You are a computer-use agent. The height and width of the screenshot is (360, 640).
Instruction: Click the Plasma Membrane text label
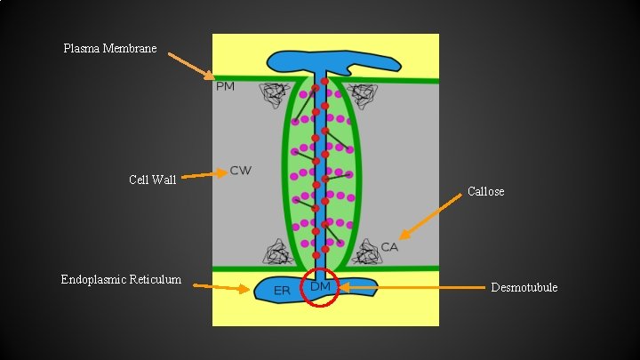point(110,48)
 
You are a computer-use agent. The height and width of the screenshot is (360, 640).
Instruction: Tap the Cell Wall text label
point(152,180)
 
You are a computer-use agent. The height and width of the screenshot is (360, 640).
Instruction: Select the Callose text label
point(485,191)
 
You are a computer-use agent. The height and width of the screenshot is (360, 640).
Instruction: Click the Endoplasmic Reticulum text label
point(121,280)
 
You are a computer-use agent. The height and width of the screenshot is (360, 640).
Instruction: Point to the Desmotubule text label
point(524,287)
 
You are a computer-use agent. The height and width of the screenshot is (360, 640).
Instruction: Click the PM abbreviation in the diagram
point(225,86)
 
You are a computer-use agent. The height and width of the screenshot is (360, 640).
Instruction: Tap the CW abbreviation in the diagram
point(240,170)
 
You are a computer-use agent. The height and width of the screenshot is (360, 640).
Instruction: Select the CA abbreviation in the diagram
point(389,246)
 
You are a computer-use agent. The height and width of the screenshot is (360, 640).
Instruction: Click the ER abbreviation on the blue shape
point(282,291)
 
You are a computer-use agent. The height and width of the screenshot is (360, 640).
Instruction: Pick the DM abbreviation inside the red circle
point(321,286)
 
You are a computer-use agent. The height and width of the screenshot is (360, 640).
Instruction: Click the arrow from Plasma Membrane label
point(190,66)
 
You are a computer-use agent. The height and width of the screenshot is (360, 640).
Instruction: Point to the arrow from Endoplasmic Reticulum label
point(221,287)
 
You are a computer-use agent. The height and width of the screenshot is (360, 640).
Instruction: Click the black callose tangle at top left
point(274,93)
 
